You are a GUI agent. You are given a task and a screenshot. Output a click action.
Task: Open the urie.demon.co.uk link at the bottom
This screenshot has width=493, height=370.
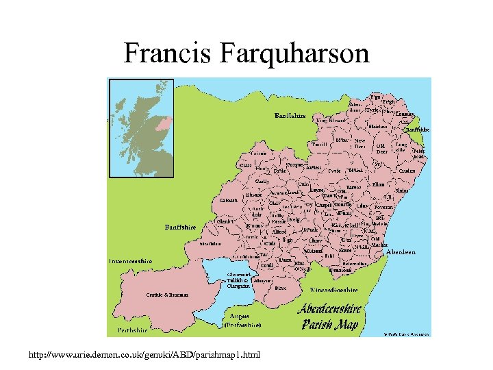tap(144, 356)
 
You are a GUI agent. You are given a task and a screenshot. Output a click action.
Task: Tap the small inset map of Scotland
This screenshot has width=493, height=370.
tap(143, 128)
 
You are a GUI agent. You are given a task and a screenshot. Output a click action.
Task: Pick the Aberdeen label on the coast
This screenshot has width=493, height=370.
tap(401, 252)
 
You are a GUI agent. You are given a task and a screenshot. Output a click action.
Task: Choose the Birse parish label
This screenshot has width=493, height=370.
tap(281, 288)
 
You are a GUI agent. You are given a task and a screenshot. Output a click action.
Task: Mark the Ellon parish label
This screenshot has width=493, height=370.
tap(379, 184)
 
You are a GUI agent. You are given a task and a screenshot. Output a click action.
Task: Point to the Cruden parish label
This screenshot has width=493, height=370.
tap(407, 171)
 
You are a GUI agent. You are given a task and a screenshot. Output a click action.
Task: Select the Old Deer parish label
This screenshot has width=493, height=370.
tap(381, 148)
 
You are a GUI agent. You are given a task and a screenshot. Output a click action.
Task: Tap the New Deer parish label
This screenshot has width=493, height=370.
tap(359, 143)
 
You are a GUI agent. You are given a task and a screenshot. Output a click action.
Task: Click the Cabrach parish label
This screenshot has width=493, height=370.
tap(228, 201)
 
